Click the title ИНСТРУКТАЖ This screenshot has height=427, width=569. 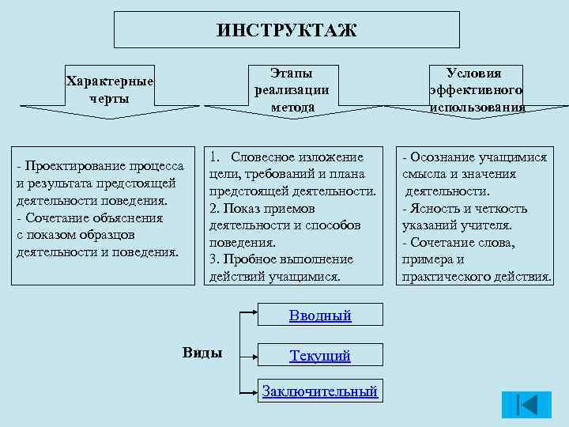tap(286, 31)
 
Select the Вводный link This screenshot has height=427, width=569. tap(319, 316)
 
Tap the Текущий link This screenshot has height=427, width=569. tap(319, 356)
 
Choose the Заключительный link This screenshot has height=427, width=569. tap(319, 391)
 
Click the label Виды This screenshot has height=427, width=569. tap(202, 353)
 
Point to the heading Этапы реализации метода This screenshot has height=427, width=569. tap(292, 89)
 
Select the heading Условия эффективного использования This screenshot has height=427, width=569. tap(477, 89)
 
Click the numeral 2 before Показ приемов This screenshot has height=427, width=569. tap(213, 208)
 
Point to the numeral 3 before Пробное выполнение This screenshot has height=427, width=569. tap(213, 259)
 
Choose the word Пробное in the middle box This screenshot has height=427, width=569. tap(248, 259)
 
